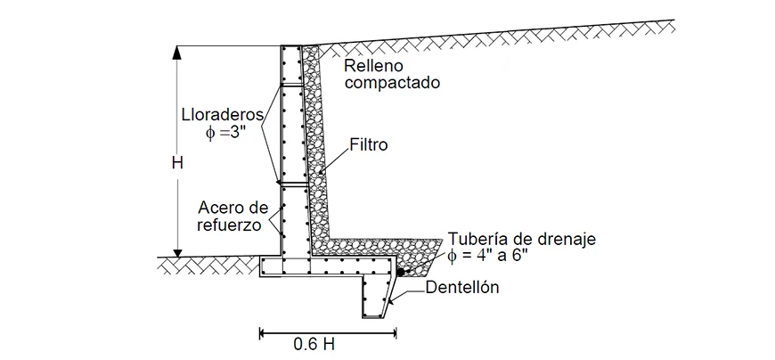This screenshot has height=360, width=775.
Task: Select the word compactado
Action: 393,84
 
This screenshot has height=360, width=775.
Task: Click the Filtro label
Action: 368,144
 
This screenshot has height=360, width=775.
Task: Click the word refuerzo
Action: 231,225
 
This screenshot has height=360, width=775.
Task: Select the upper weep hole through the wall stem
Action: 294,85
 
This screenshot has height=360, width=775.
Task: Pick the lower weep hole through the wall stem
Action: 294,184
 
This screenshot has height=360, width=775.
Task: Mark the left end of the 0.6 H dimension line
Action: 261,333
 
